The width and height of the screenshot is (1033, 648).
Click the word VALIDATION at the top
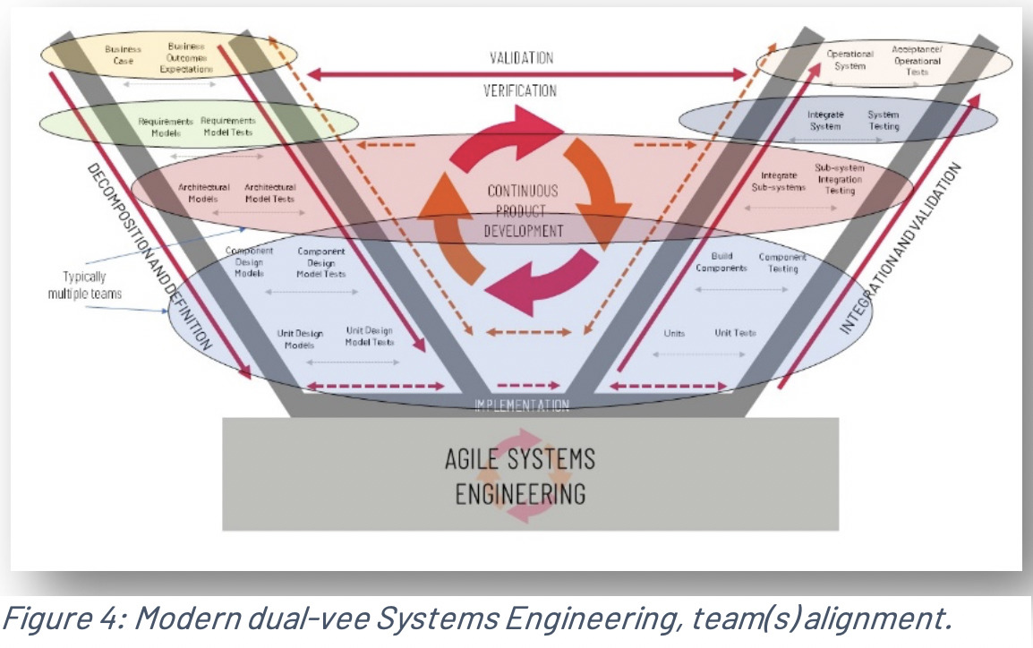[521, 58]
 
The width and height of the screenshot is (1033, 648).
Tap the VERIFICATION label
[519, 90]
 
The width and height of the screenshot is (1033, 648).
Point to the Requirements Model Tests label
[227, 126]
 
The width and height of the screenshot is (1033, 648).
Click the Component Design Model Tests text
[321, 262]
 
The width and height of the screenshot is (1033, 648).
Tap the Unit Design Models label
[300, 339]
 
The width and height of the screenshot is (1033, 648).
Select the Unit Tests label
[735, 333]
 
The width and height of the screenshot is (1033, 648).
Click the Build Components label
[721, 262]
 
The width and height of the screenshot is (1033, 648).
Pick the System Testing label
[883, 121]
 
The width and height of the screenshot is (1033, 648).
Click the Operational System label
[849, 59]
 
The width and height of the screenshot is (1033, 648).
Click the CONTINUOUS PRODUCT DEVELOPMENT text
[523, 210]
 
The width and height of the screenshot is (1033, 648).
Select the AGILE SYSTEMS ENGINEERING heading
[519, 476]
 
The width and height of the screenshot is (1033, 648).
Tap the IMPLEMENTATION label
[521, 405]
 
